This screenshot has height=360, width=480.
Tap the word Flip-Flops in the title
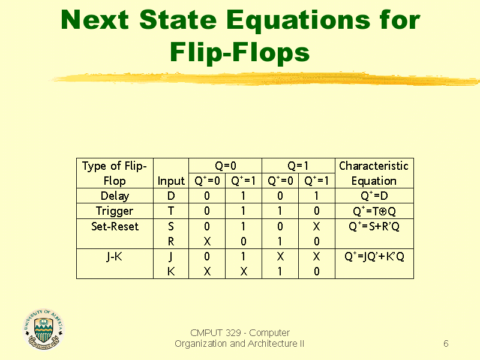pos(239,52)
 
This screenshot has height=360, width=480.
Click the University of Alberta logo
pos(43,329)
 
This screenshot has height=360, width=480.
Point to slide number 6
pos(446,344)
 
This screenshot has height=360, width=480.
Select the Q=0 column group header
pos(225,166)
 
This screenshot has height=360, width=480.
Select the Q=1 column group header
pos(298,166)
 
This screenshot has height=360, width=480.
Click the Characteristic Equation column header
pos(374,173)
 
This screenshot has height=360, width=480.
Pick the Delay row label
pos(115,196)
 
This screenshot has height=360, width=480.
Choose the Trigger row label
pos(115,211)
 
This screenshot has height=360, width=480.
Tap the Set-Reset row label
pos(115,226)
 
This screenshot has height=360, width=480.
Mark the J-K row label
pos(115,257)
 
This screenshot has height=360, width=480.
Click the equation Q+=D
pos(374,196)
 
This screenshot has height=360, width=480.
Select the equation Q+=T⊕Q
pos(374,211)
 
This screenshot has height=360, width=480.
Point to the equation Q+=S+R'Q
pos(374,226)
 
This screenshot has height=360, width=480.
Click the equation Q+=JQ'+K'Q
pos(374,257)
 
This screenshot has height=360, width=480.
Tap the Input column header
pos(171,181)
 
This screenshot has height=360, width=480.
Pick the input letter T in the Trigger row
pos(171,211)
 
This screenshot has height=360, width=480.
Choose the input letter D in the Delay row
pos(171,196)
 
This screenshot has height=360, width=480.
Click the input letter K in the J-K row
pos(171,272)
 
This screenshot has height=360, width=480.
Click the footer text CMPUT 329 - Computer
pos(239,332)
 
